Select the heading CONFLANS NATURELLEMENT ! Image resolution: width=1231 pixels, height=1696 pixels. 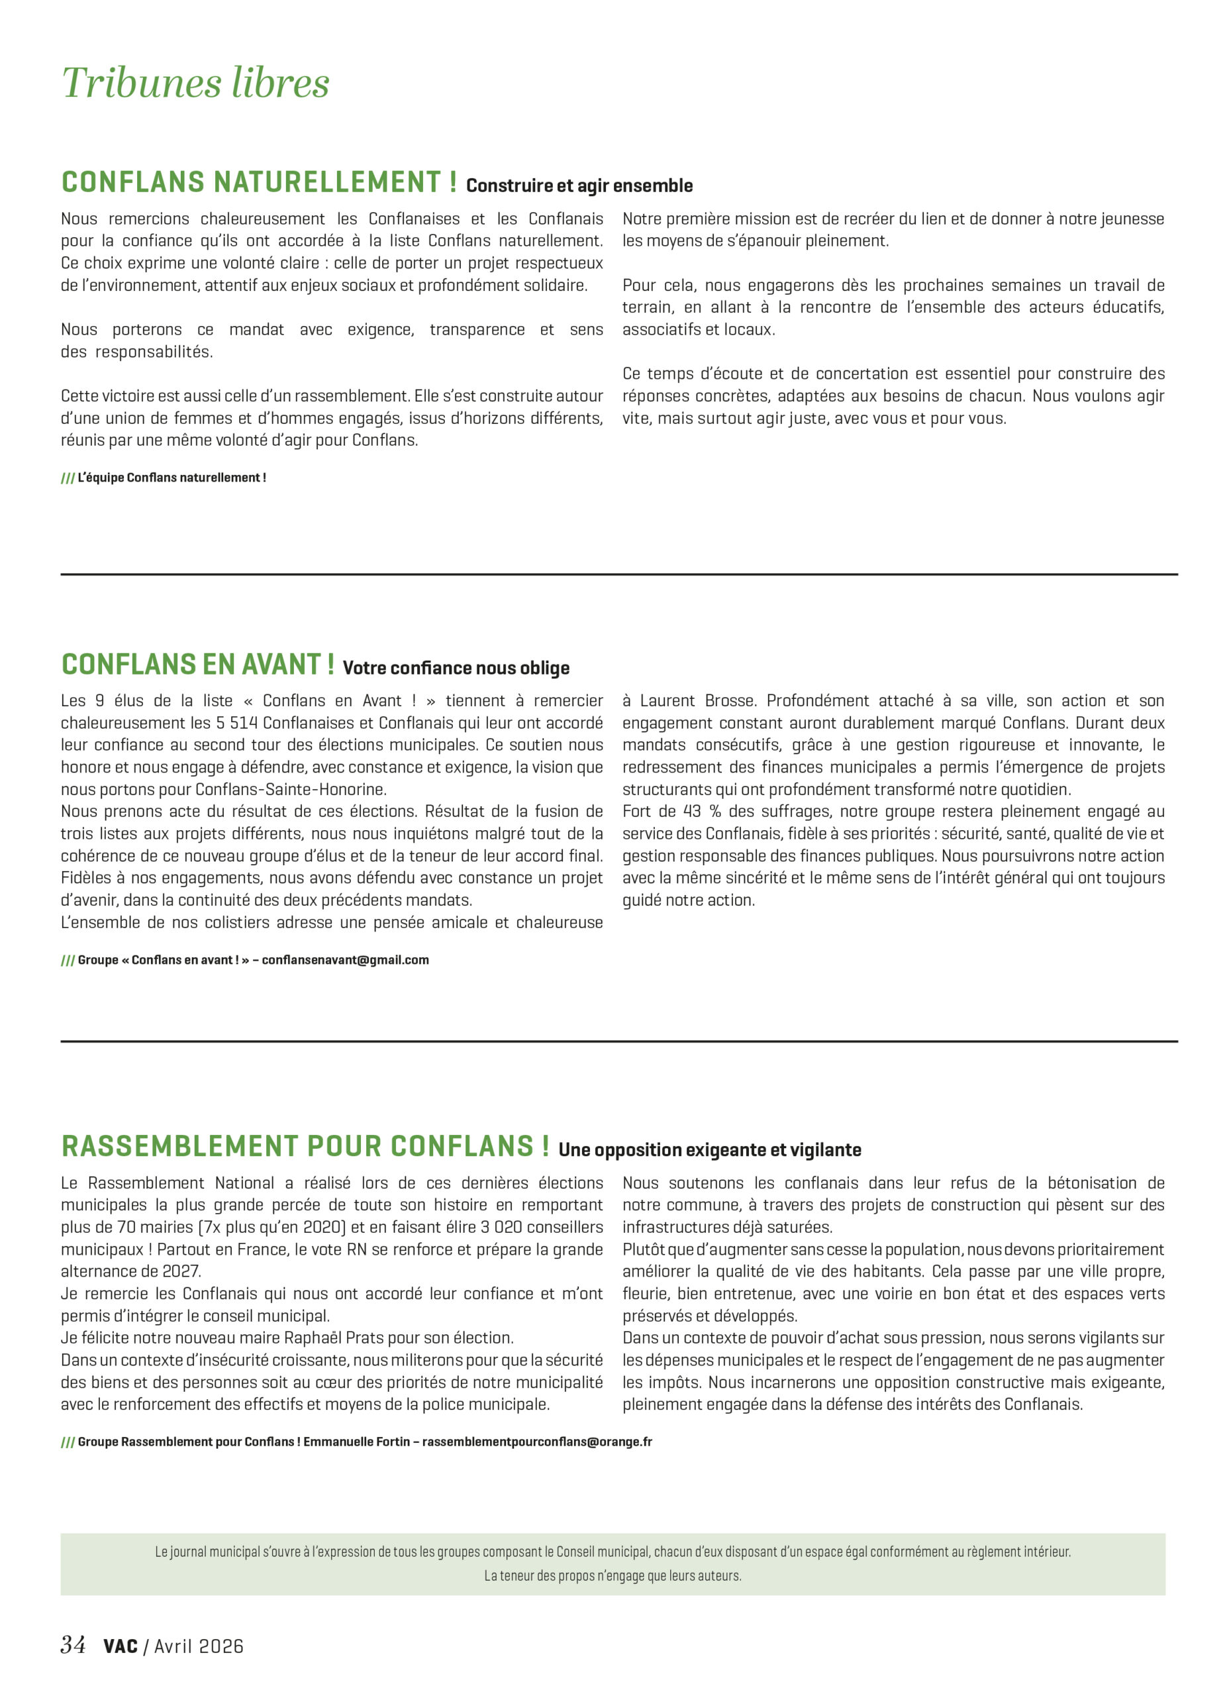click(259, 182)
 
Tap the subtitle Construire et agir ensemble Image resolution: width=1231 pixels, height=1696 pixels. click(579, 186)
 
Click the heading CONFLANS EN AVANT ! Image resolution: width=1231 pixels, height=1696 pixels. click(197, 664)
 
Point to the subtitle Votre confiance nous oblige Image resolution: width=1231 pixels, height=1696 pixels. click(456, 668)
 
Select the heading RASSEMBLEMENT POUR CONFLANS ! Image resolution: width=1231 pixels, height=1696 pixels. click(305, 1146)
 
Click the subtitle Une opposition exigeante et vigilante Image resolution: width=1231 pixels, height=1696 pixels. click(709, 1150)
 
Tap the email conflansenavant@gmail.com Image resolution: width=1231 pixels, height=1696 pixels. click(345, 960)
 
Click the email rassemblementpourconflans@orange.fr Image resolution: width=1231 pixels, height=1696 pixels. click(536, 1442)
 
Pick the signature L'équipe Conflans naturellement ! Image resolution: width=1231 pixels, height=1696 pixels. click(172, 478)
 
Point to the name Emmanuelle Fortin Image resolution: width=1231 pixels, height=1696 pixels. click(356, 1442)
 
